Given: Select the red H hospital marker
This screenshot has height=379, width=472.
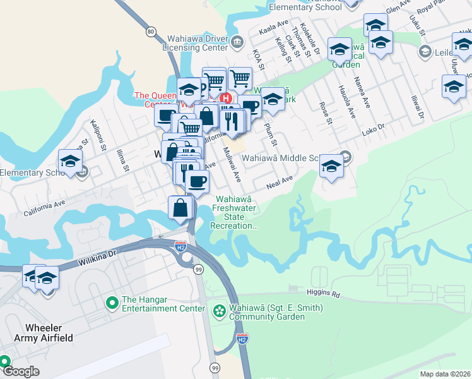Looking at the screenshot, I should (225, 98).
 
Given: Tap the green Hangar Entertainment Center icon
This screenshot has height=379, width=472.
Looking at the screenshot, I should (112, 304).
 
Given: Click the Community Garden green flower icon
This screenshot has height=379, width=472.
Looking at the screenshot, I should (218, 311).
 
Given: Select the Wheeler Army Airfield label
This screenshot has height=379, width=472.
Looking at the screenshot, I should (49, 333).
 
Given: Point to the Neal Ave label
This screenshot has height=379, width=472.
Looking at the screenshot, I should (280, 183).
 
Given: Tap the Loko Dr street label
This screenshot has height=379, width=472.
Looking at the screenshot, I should (373, 130).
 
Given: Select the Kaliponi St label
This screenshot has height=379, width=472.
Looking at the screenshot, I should (97, 135).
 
